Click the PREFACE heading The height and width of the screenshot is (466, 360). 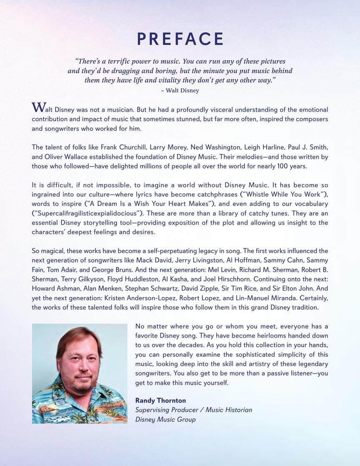pyautogui.click(x=180, y=39)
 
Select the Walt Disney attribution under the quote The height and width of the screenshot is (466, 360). pyautogui.click(x=180, y=90)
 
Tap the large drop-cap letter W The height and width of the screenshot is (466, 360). pyautogui.click(x=37, y=107)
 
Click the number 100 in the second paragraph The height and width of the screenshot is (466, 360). pyautogui.click(x=265, y=165)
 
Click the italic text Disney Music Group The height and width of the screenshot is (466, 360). pyautogui.click(x=165, y=419)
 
